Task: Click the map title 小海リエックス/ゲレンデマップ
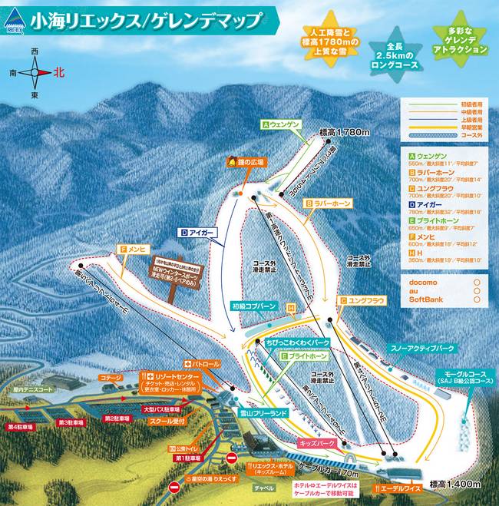click(x=146, y=20)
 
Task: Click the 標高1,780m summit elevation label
click(x=345, y=132)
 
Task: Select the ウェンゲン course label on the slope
click(x=285, y=124)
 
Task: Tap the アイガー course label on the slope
click(x=200, y=231)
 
